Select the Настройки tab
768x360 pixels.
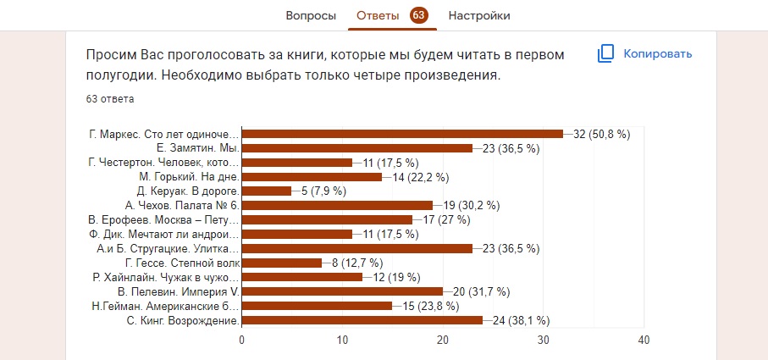click(479, 15)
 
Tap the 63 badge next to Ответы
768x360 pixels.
click(418, 15)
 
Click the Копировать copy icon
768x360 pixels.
click(605, 53)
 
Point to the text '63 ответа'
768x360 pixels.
click(110, 98)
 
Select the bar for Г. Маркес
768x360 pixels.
click(402, 134)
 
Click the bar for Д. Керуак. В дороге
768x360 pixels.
click(267, 191)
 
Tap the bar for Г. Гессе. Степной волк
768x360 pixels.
click(282, 263)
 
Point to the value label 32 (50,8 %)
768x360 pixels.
click(602, 134)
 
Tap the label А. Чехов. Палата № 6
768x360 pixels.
click(182, 206)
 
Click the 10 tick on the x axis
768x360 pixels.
click(342, 340)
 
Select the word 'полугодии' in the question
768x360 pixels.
click(115, 75)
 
